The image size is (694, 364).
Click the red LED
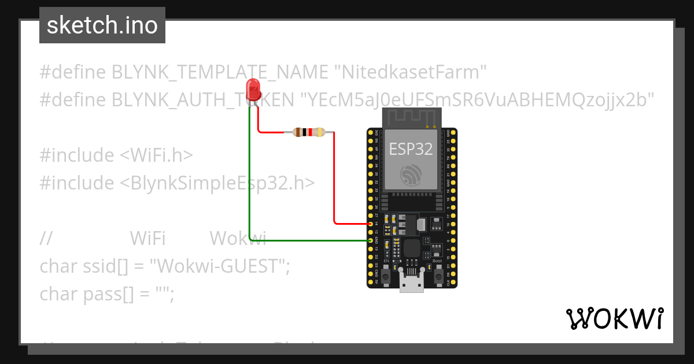[x=253, y=90]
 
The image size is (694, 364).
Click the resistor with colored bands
[x=309, y=132]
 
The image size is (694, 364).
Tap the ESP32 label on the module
[x=411, y=148]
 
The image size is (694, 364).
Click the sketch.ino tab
[x=102, y=25]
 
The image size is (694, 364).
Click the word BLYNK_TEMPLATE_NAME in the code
[x=220, y=72]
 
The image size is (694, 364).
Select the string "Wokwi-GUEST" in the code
[x=219, y=266]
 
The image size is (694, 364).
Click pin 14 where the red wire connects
[x=371, y=223]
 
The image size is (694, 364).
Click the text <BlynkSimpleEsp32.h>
[x=217, y=183]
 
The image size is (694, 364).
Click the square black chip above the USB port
[x=411, y=248]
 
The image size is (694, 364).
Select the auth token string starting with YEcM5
[x=476, y=99]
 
